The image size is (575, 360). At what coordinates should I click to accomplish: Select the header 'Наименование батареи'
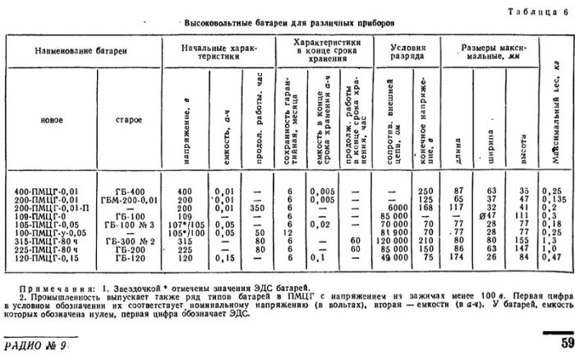click(80, 52)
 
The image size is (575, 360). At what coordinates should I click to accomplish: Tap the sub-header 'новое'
click(51, 119)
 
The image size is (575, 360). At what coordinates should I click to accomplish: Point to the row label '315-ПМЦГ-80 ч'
click(47, 242)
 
